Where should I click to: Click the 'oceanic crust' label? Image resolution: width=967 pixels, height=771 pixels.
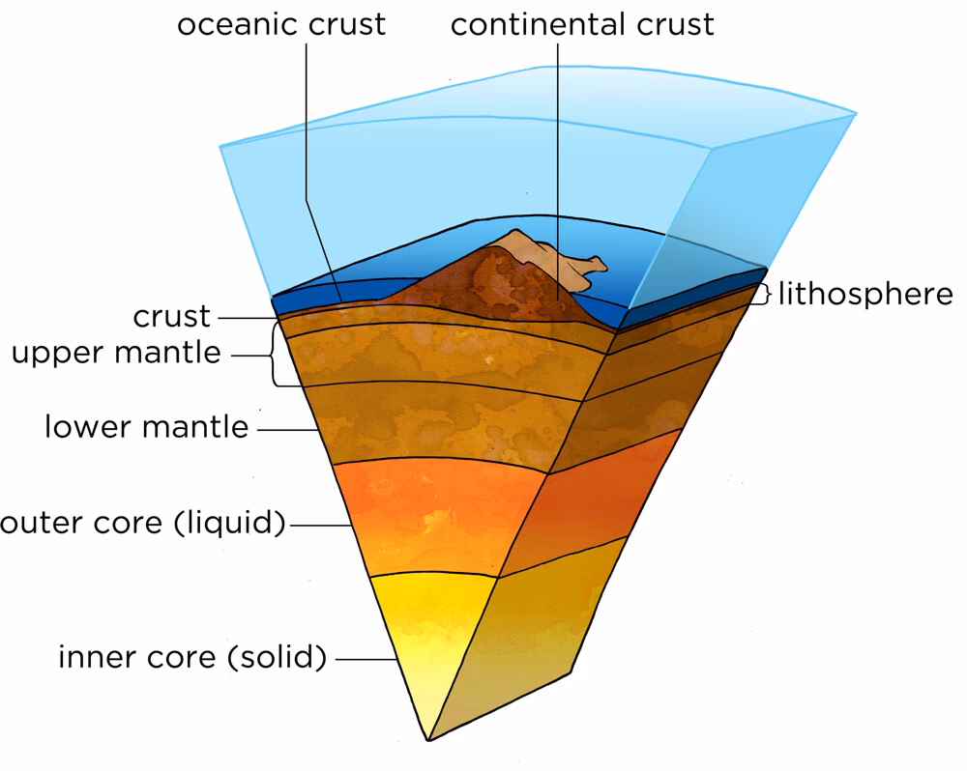pos(281,25)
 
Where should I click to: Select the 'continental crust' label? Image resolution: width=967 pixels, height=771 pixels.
pos(582,25)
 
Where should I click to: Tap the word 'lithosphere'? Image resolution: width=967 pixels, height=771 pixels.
pos(865,294)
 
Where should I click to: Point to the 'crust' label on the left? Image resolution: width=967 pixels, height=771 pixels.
pos(171,317)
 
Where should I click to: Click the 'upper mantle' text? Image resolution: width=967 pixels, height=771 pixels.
pos(117,354)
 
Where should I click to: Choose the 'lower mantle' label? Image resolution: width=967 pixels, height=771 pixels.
pos(147,426)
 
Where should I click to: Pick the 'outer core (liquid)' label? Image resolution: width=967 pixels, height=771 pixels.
pos(142,524)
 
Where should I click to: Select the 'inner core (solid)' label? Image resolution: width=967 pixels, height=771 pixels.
pos(192,657)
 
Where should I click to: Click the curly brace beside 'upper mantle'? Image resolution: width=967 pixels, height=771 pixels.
pos(273,356)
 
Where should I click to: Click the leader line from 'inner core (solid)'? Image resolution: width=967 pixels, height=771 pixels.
pos(366,660)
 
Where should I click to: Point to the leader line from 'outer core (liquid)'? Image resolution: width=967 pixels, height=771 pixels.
pos(321,526)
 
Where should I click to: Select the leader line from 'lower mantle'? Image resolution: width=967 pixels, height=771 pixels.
pos(287,430)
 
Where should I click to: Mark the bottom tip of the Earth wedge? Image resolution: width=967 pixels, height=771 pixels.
pos(427,739)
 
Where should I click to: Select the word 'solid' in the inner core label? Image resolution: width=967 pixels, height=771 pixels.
pos(277,657)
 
